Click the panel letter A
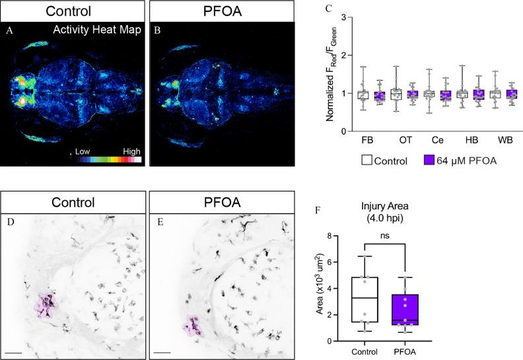[x=9, y=30]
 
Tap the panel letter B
[x=157, y=30]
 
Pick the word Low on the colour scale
[x=83, y=151]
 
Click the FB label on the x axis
[x=366, y=141]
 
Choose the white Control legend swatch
[x=368, y=161]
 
